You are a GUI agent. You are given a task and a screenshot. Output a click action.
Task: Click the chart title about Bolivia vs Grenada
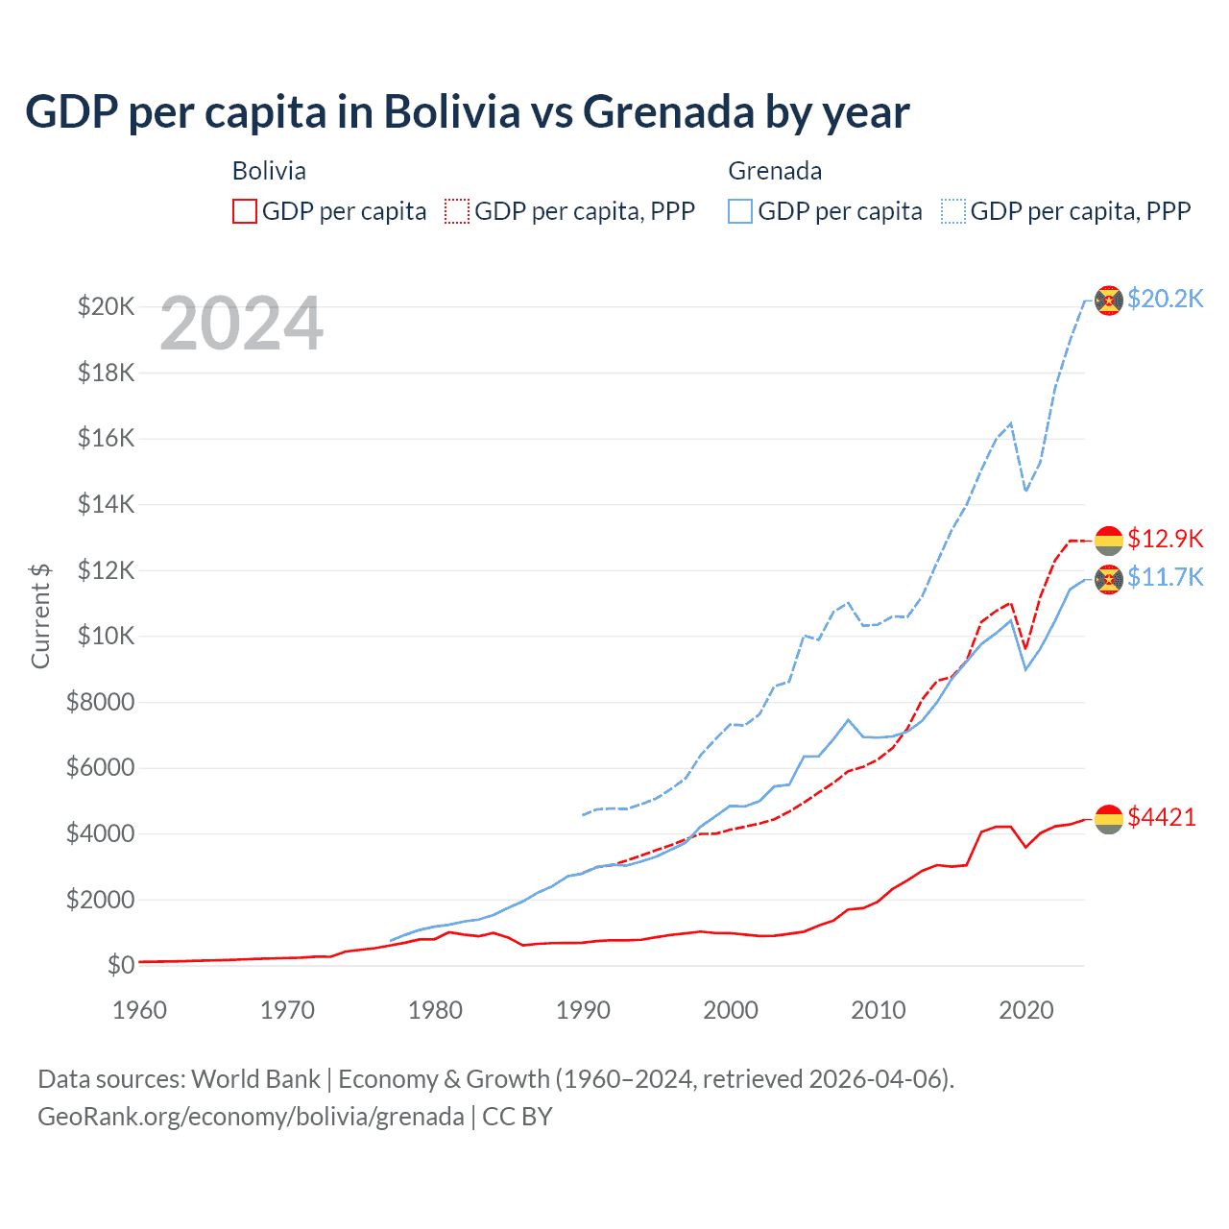tap(468, 112)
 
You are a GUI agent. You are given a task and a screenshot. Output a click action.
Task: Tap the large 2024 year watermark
tap(242, 325)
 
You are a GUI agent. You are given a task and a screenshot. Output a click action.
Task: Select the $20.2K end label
tap(1165, 299)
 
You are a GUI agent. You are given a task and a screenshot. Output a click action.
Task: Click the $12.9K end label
tap(1165, 539)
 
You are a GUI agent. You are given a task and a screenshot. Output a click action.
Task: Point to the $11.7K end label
tap(1165, 577)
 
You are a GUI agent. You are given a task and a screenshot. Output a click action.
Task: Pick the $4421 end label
tap(1162, 817)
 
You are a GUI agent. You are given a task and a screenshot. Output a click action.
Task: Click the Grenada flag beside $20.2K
tap(1109, 300)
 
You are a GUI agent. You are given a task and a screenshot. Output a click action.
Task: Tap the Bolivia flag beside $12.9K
tap(1109, 540)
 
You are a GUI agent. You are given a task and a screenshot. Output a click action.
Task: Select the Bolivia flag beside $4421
tap(1109, 818)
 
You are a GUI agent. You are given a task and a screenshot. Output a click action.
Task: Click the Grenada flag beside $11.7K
tap(1109, 579)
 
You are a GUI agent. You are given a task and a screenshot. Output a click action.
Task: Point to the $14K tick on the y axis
tap(106, 504)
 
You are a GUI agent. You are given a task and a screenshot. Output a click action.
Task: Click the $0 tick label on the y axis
tap(120, 965)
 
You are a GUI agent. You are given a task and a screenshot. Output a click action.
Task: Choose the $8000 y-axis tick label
tap(100, 702)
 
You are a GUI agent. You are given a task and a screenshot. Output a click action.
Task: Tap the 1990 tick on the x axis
tap(583, 1010)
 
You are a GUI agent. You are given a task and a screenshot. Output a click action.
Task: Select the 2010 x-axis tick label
tap(879, 1010)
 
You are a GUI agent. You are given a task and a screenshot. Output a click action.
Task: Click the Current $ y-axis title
tap(40, 615)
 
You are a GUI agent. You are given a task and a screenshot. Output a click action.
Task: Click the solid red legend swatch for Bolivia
tap(245, 211)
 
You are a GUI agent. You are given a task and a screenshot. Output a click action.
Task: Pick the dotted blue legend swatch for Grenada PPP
tap(953, 211)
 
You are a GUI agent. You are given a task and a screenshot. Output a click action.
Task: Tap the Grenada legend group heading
tap(775, 171)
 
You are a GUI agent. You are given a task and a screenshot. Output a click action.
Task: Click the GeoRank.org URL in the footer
tap(251, 1117)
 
